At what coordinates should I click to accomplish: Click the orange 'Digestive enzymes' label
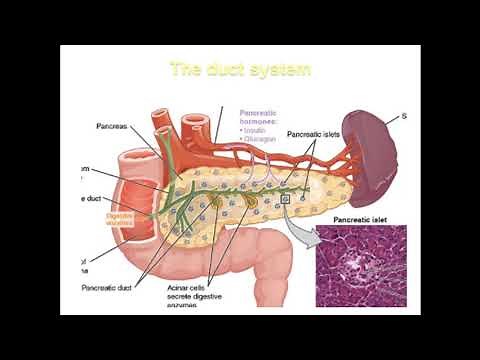(120, 216)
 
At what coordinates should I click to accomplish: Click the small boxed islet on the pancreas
(285, 200)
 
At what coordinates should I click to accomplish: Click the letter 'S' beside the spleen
(404, 117)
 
